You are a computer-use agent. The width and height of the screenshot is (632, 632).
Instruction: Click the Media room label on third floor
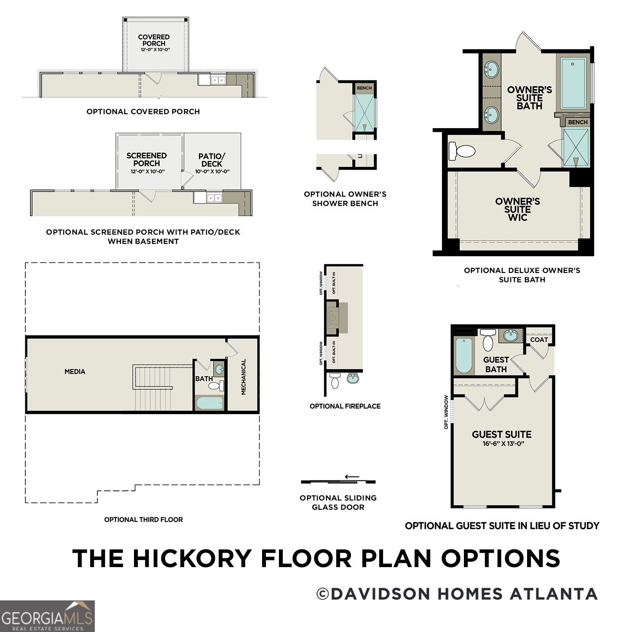(x=75, y=372)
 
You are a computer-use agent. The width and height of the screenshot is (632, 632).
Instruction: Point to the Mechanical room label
(x=243, y=377)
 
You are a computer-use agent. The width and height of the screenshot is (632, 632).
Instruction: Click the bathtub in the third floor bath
(x=210, y=403)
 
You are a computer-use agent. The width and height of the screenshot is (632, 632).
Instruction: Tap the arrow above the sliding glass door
(x=352, y=477)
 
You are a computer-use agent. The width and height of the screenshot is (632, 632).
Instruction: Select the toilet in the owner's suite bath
(x=462, y=151)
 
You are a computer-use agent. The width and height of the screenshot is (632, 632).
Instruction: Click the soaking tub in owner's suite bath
(x=573, y=83)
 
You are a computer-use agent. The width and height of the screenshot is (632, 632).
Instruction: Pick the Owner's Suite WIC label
(x=517, y=209)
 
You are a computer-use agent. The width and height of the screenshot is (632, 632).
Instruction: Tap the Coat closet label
(x=539, y=340)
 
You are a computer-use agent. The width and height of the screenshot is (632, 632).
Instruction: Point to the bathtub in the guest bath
(x=464, y=355)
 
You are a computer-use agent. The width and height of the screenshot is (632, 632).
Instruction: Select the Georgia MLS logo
(x=47, y=616)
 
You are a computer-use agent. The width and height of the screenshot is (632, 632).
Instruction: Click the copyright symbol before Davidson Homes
(x=323, y=594)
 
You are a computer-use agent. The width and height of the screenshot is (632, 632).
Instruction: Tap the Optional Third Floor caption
(x=144, y=520)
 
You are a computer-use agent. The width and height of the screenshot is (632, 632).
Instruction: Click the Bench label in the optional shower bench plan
(x=364, y=88)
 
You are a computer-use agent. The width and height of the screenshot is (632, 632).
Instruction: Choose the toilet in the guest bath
(x=488, y=340)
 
